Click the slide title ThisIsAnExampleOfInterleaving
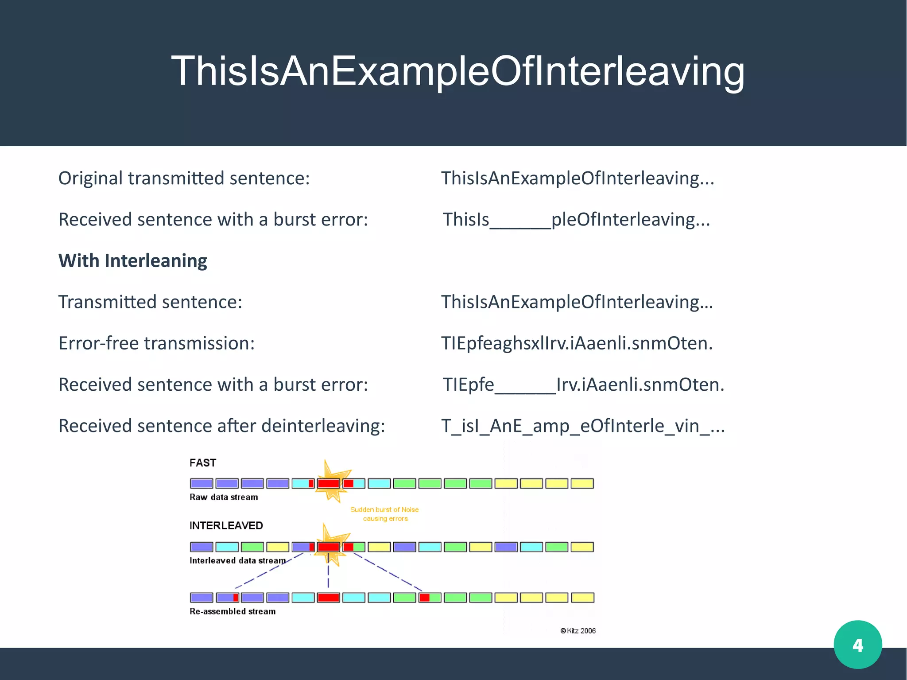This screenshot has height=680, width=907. [457, 71]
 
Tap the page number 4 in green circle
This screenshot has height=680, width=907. [857, 645]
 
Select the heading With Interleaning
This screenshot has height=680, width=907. [132, 260]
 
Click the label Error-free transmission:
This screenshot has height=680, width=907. [156, 343]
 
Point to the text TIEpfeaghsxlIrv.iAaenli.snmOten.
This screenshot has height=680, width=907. [577, 343]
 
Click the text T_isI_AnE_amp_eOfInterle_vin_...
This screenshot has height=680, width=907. [582, 426]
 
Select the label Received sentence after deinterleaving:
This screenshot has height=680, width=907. [221, 426]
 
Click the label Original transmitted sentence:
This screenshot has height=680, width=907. [184, 179]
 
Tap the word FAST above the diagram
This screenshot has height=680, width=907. [203, 463]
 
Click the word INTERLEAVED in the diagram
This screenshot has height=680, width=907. [226, 525]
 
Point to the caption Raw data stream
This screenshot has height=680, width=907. [224, 497]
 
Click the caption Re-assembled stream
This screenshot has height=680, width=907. [233, 611]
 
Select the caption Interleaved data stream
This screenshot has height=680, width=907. [237, 560]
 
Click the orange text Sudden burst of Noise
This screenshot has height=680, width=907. [384, 509]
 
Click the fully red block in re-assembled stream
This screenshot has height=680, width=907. [328, 598]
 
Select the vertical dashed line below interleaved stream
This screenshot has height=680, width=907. [328, 576]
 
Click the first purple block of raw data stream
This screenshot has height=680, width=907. [202, 483]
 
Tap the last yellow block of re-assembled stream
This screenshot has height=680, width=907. [582, 598]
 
